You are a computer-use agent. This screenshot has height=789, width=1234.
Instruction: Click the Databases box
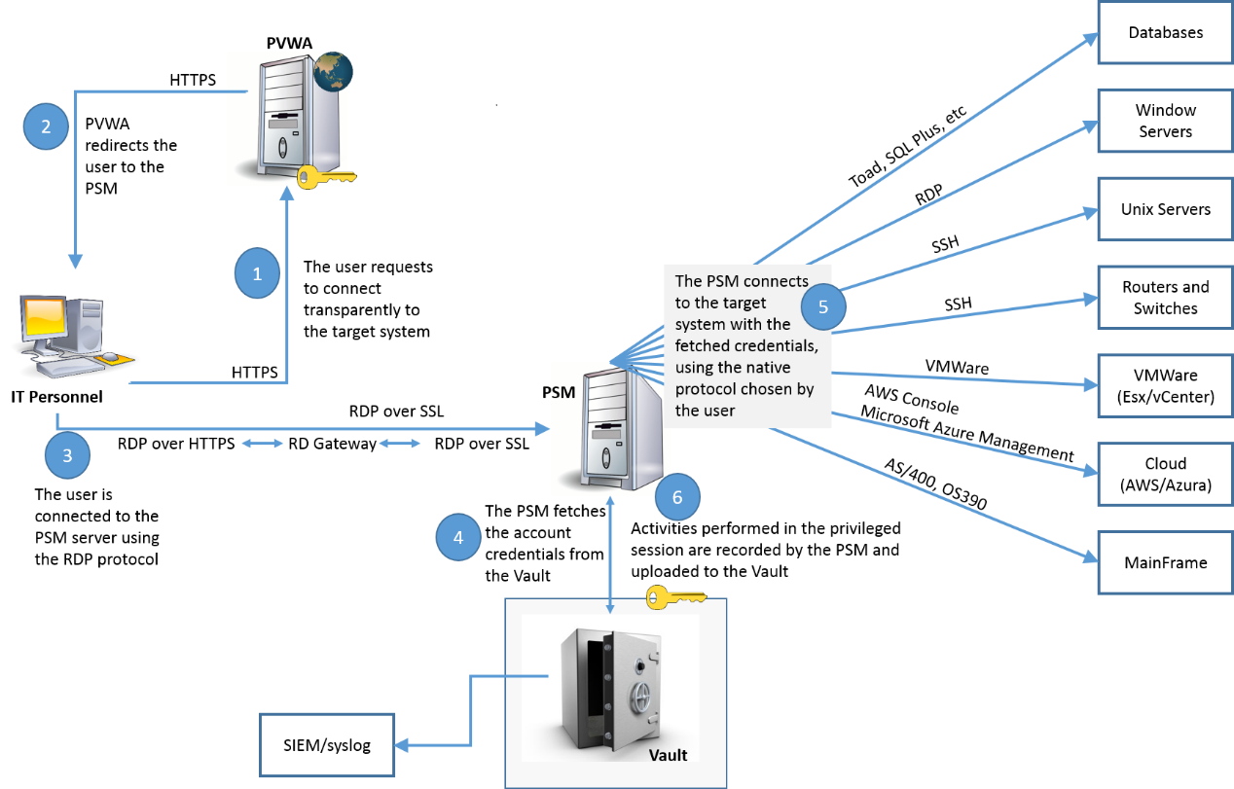[1165, 33]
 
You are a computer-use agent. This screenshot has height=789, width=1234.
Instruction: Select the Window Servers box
[1165, 121]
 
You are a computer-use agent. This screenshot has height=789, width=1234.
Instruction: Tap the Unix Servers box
[1165, 209]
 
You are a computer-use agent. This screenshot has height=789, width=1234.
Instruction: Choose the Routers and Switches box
[1165, 298]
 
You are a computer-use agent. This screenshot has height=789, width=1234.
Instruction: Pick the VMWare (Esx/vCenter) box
[1165, 386]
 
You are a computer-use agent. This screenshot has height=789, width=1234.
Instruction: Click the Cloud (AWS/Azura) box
[1165, 475]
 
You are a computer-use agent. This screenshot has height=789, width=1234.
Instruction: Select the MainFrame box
[1165, 562]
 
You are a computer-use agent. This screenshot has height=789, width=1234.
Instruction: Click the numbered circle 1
[257, 274]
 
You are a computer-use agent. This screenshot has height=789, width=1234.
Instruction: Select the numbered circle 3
[67, 455]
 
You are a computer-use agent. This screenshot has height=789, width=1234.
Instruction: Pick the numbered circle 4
[458, 537]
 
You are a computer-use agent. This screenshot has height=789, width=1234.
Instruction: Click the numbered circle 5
[822, 307]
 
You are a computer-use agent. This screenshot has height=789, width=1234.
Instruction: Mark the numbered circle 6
[677, 497]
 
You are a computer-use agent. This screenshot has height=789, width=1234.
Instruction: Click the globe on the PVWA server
[332, 70]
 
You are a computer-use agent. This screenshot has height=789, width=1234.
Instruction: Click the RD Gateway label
[332, 445]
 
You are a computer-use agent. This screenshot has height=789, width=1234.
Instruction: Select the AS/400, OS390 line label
[934, 484]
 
